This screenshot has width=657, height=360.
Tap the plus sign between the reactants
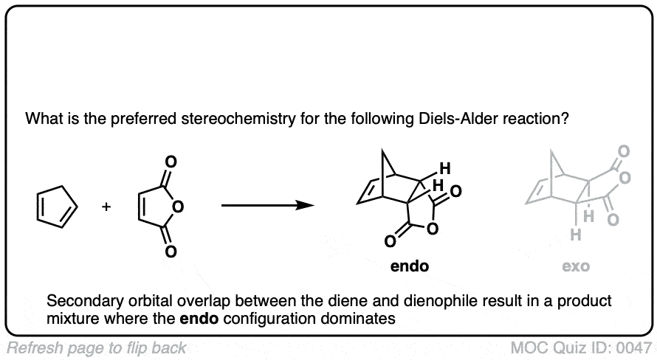click(x=106, y=207)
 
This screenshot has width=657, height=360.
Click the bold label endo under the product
click(x=410, y=266)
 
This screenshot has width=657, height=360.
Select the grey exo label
click(x=575, y=266)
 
